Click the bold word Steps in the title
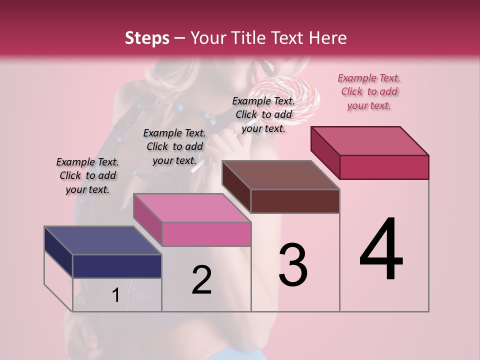pyautogui.click(x=147, y=38)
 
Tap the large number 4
pyautogui.click(x=381, y=250)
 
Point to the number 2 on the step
pyautogui.click(x=201, y=280)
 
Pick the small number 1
pyautogui.click(x=116, y=295)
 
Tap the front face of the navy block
pyautogui.click(x=117, y=266)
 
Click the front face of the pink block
pyautogui.click(x=206, y=234)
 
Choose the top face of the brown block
pyautogui.click(x=280, y=175)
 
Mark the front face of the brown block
pyautogui.click(x=295, y=201)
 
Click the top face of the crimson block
pyautogui.click(x=369, y=140)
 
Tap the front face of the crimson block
pyautogui.click(x=384, y=167)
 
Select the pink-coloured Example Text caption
pyautogui.click(x=369, y=91)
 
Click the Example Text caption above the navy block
pyautogui.click(x=87, y=175)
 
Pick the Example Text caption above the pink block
pyautogui.click(x=174, y=146)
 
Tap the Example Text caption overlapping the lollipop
pyautogui.click(x=263, y=114)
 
